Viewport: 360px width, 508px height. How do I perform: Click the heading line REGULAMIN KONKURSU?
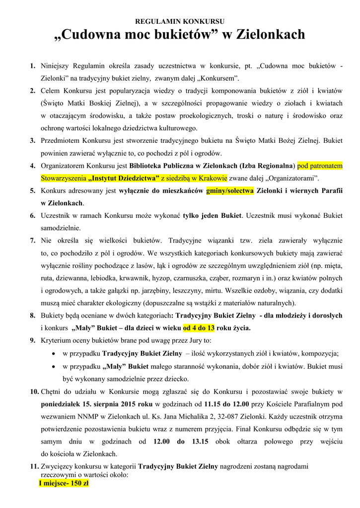pyautogui.click(x=180, y=21)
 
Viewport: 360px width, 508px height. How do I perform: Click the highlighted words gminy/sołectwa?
pyautogui.click(x=230, y=190)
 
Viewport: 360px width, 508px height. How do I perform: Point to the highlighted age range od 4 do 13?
pyautogui.click(x=199, y=328)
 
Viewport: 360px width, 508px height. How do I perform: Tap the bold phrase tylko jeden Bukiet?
pyautogui.click(x=213, y=215)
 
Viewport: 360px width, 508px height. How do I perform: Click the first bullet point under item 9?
pyautogui.click(x=53, y=354)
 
